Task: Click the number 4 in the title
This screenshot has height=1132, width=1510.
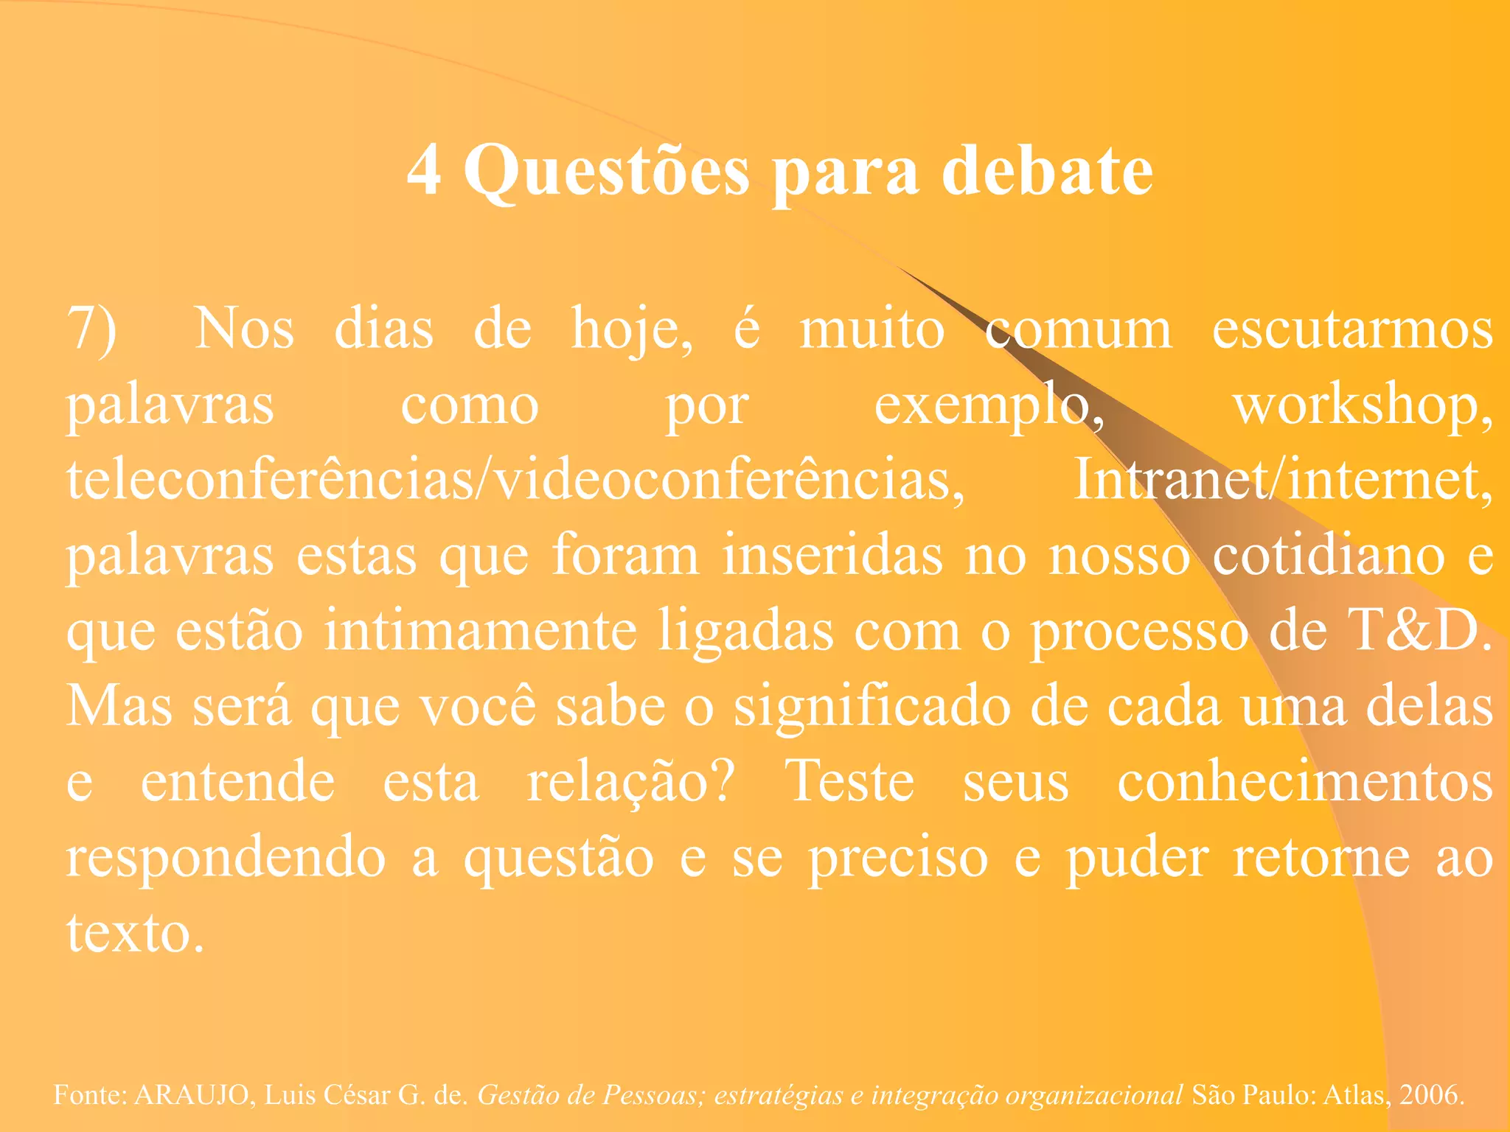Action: point(425,170)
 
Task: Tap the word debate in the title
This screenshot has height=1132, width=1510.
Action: point(1047,170)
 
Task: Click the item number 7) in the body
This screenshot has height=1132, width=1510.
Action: point(91,329)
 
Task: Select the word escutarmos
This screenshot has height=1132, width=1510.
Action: point(1352,329)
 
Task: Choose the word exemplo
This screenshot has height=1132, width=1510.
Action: point(988,406)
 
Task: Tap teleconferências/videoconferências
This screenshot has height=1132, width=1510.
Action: point(515,480)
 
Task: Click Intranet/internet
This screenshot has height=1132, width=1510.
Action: point(1282,480)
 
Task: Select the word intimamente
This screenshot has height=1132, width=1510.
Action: point(480,631)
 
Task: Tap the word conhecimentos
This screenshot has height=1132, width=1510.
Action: point(1304,782)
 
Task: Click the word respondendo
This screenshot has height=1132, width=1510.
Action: point(226,859)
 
